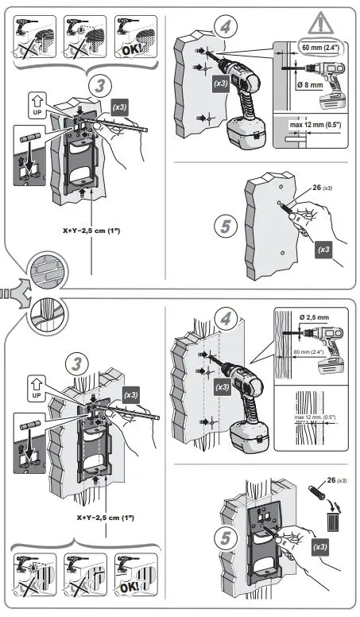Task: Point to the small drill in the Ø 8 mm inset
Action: click(331, 99)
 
